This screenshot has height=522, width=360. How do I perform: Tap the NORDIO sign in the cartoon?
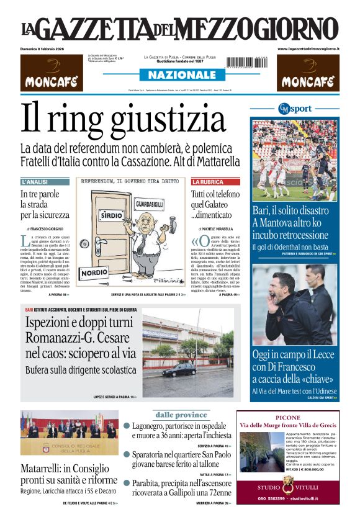(94, 272)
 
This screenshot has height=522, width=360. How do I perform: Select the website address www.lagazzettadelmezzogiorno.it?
(308, 48)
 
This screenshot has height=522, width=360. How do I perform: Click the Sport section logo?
(295, 109)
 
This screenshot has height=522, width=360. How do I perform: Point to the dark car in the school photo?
(179, 369)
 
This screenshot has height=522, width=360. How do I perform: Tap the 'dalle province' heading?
(181, 415)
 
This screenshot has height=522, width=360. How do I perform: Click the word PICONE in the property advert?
(287, 418)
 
